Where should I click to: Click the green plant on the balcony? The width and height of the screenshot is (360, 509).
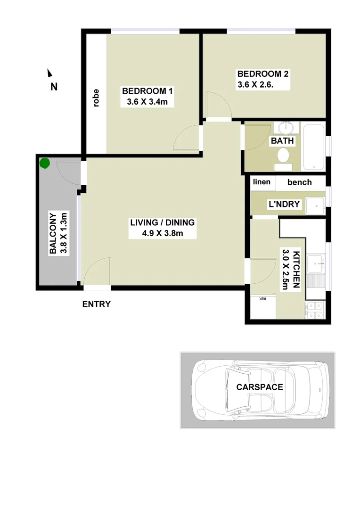44,164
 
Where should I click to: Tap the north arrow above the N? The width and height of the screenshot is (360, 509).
49,73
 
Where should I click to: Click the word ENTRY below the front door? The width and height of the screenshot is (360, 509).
97,304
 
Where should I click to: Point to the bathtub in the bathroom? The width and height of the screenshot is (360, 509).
313,147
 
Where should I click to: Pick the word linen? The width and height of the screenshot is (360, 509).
262,182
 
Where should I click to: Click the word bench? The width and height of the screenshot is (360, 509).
300,182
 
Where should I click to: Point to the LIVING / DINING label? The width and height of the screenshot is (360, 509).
163,223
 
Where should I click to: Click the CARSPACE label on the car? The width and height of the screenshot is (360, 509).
260,387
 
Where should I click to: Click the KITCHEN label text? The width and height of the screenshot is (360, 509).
297,270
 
